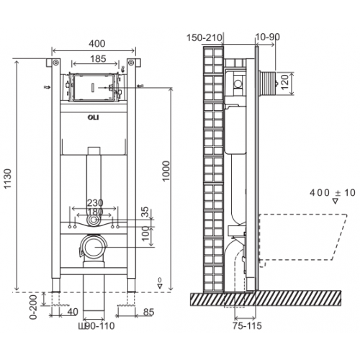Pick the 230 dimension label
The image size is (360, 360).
(95, 204)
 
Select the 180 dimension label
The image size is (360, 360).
(95, 212)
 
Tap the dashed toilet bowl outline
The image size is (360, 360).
(302, 238)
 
